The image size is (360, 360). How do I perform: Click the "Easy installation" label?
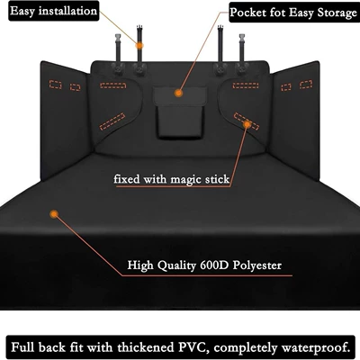[x=53, y=11]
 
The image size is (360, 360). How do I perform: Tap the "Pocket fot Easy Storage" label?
[x=293, y=13]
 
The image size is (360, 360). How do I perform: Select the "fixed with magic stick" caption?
[x=172, y=179]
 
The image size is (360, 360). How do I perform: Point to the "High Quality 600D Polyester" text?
[x=204, y=265]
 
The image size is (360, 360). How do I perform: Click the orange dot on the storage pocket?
[x=179, y=93]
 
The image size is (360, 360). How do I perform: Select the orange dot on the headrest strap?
[x=139, y=46]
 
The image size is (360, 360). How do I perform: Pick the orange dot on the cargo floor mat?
[x=54, y=214]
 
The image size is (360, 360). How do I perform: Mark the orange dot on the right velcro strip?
[x=247, y=124]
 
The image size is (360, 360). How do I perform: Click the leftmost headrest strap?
[x=117, y=54]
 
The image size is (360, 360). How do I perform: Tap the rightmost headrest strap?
[x=242, y=54]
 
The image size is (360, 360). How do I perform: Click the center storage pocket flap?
[x=180, y=96]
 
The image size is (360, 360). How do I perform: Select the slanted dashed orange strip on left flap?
[x=112, y=121]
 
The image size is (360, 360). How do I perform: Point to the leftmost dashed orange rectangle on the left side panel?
[x=55, y=85]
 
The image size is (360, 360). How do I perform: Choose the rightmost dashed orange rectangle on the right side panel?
[x=306, y=85]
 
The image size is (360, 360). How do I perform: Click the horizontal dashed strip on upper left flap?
[x=112, y=85]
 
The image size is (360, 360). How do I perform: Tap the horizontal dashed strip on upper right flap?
[x=246, y=85]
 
